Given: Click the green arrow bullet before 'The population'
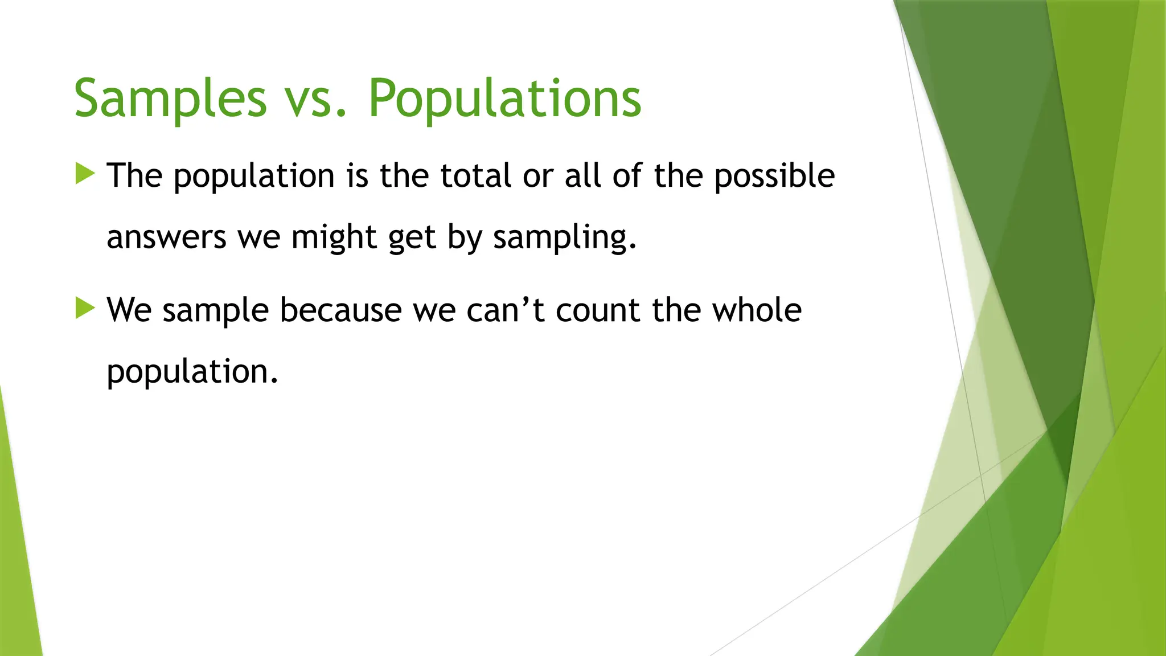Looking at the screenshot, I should coord(85,174).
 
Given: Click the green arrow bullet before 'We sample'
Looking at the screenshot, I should coord(85,309).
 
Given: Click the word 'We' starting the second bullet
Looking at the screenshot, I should coord(129,310).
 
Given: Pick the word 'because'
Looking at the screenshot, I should coord(340,310).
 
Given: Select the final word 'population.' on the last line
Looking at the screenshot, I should coord(192,372).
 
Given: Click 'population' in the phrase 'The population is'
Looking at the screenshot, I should coord(254,177).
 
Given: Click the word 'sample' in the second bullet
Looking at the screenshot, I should coord(215,311).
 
